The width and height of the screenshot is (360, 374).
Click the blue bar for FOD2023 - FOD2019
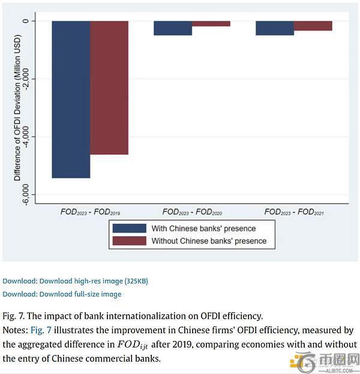point(71,99)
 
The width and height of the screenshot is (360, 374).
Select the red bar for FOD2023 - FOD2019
point(109,88)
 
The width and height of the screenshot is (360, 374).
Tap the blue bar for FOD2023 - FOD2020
point(173,28)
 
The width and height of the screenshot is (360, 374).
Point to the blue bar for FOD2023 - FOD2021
point(275,28)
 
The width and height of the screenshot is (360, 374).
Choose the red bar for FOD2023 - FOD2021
point(313,26)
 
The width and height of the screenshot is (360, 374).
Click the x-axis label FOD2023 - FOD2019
point(91,212)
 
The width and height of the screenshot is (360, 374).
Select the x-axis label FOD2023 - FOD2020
point(192,212)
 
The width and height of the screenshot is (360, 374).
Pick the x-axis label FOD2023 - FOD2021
point(294,212)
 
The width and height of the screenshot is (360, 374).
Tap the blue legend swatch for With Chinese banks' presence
point(129,228)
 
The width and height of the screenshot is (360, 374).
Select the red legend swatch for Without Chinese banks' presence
point(129,241)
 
